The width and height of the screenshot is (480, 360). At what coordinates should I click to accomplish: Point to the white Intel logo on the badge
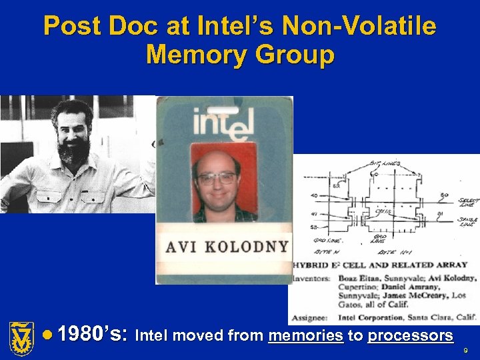point(223,123)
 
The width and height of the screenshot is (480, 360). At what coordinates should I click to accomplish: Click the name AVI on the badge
point(181,246)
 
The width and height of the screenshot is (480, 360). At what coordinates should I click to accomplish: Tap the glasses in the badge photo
point(217,178)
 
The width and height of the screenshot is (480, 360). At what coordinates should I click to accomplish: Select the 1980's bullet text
point(93,335)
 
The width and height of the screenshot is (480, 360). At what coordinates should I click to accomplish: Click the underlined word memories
point(306,336)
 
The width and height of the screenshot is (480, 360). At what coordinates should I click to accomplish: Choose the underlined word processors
point(410,336)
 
